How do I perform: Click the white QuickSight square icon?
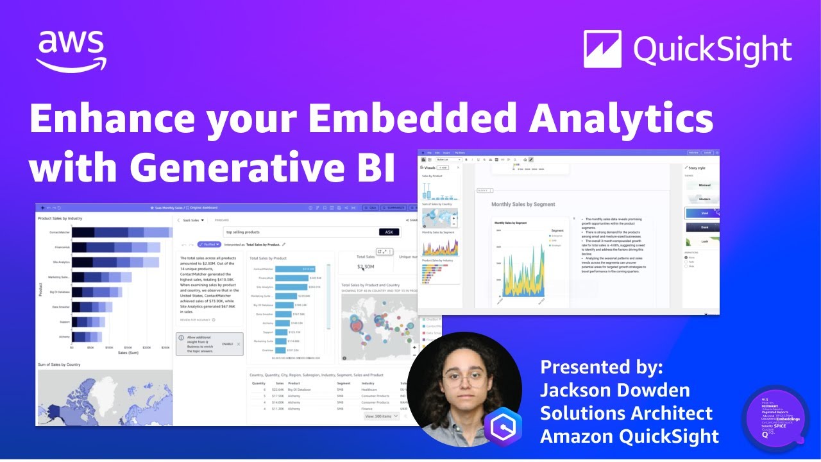pyautogui.click(x=602, y=49)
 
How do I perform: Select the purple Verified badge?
pyautogui.click(x=209, y=244)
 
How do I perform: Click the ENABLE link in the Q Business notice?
pyautogui.click(x=227, y=344)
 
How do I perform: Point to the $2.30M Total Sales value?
pyautogui.click(x=365, y=266)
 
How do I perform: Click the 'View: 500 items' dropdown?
pyautogui.click(x=382, y=416)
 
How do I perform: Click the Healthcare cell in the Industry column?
pyautogui.click(x=369, y=389)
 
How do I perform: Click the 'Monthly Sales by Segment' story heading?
pyautogui.click(x=523, y=204)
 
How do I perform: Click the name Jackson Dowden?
pyautogui.click(x=614, y=390)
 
